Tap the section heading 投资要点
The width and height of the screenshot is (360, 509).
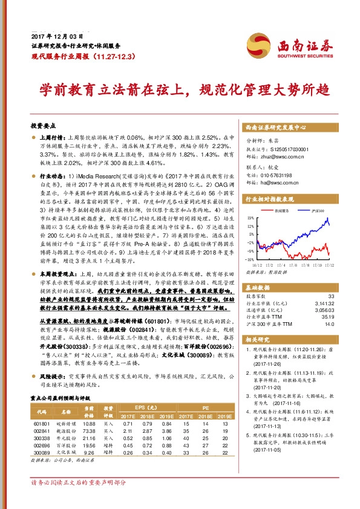click(42, 126)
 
